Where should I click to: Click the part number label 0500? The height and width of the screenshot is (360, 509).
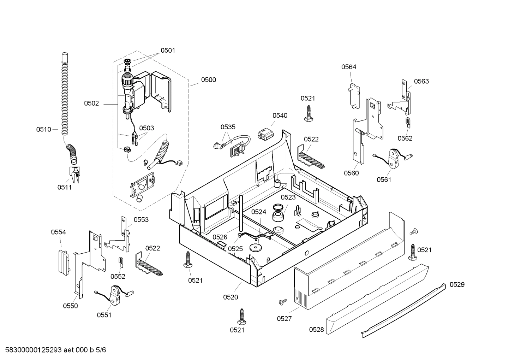point(208,80)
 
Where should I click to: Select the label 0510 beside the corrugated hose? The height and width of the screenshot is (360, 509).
point(43,130)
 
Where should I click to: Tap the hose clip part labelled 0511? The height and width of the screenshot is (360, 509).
point(74,175)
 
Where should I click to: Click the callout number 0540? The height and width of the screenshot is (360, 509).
point(280,116)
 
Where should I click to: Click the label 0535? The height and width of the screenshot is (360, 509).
point(228,127)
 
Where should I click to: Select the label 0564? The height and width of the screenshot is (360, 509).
point(348,67)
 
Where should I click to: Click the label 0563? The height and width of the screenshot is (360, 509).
point(421,82)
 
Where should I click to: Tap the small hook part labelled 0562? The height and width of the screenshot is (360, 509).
point(408,123)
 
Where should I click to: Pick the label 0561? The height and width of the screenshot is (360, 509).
point(384,179)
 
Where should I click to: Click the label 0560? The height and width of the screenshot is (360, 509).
point(351,173)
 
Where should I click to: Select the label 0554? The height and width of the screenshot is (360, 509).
point(58,232)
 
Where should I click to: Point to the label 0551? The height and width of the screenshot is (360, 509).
point(104,315)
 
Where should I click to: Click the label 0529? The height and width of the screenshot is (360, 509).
point(457,285)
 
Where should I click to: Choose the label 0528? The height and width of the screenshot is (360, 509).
point(316,330)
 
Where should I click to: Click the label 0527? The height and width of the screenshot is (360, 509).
point(284,319)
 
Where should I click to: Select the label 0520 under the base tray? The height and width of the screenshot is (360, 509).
point(230,297)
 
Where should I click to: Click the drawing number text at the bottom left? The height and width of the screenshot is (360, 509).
point(53,350)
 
